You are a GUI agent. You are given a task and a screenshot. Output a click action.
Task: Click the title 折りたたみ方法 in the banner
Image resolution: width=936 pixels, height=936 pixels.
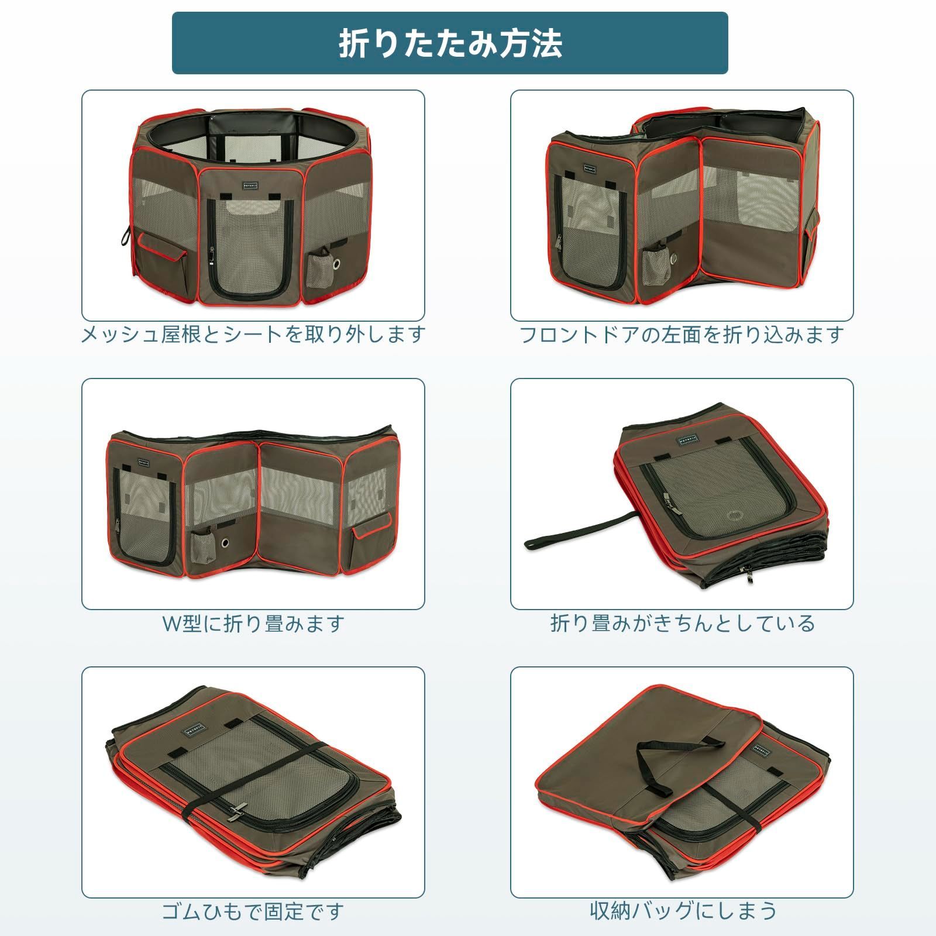tap(450, 43)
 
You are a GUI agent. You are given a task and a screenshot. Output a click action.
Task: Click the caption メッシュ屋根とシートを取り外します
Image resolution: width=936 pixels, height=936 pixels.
tap(253, 335)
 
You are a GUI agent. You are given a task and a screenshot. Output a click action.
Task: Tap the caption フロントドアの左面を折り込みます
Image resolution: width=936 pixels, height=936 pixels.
tap(682, 335)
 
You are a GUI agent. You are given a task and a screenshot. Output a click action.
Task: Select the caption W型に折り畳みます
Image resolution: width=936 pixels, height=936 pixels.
tap(253, 624)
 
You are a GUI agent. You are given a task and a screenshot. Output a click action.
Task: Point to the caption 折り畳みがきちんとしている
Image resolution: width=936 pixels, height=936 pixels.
tap(682, 624)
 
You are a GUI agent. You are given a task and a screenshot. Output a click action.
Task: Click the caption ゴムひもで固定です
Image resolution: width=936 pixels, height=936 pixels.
tap(253, 911)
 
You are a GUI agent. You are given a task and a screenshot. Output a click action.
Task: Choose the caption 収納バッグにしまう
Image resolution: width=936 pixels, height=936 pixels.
tap(682, 911)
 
